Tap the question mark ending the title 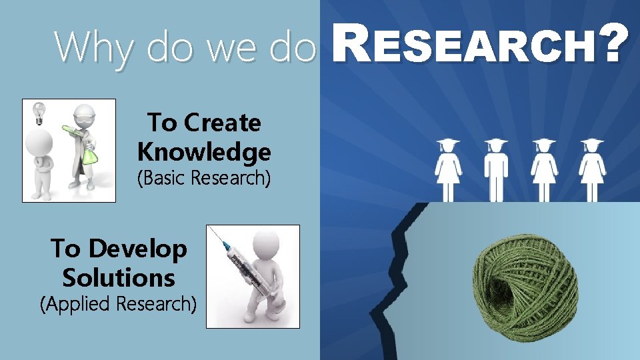tap(615, 45)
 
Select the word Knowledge tap(204, 152)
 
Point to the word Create tap(223, 123)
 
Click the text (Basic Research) tap(204, 179)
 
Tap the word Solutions tap(119, 277)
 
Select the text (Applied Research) tap(119, 304)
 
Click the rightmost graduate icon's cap tap(592, 143)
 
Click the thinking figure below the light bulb tap(40, 163)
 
